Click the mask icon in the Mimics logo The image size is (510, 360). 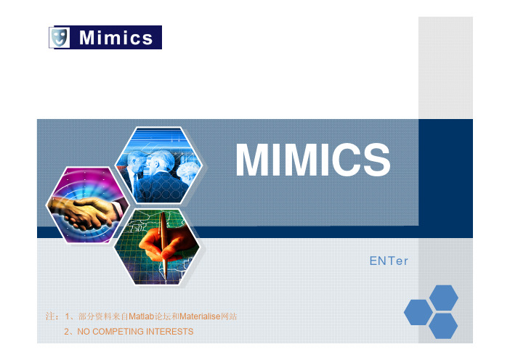59,37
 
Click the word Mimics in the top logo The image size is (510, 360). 116,38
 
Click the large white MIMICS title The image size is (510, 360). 313,160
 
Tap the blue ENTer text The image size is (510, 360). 389,261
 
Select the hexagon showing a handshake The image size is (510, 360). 87,205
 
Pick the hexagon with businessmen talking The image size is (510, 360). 158,165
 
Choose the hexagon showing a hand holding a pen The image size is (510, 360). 158,247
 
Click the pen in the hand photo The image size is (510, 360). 163,245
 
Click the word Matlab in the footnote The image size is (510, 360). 142,316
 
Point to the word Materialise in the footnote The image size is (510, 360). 200,316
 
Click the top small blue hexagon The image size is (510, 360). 444,298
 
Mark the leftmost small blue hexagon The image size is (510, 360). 418,312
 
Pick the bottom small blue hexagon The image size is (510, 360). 443,326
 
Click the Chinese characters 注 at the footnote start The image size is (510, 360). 50,316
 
